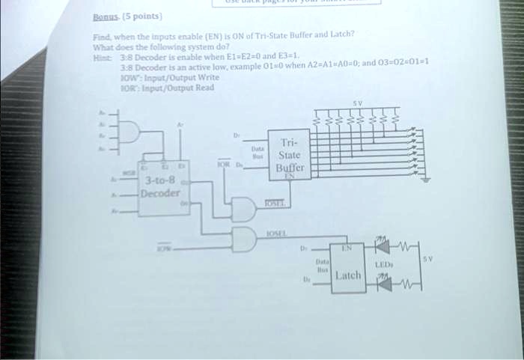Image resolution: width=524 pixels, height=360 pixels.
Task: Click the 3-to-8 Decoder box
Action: pos(161,187)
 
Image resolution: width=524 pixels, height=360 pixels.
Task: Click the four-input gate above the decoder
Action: pos(128,132)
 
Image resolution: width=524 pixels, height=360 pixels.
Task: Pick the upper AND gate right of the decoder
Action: pos(244,209)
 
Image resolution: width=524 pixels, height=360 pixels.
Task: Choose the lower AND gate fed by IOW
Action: pos(244,240)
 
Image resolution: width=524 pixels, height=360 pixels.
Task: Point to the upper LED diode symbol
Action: pos(383,245)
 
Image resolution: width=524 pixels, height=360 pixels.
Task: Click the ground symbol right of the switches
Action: pos(426,180)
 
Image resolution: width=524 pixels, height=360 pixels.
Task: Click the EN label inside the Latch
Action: pos(347,246)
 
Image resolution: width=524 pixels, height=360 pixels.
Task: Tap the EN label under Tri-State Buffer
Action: pos(288,176)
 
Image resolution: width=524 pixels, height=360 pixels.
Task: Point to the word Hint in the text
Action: pos(100,56)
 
